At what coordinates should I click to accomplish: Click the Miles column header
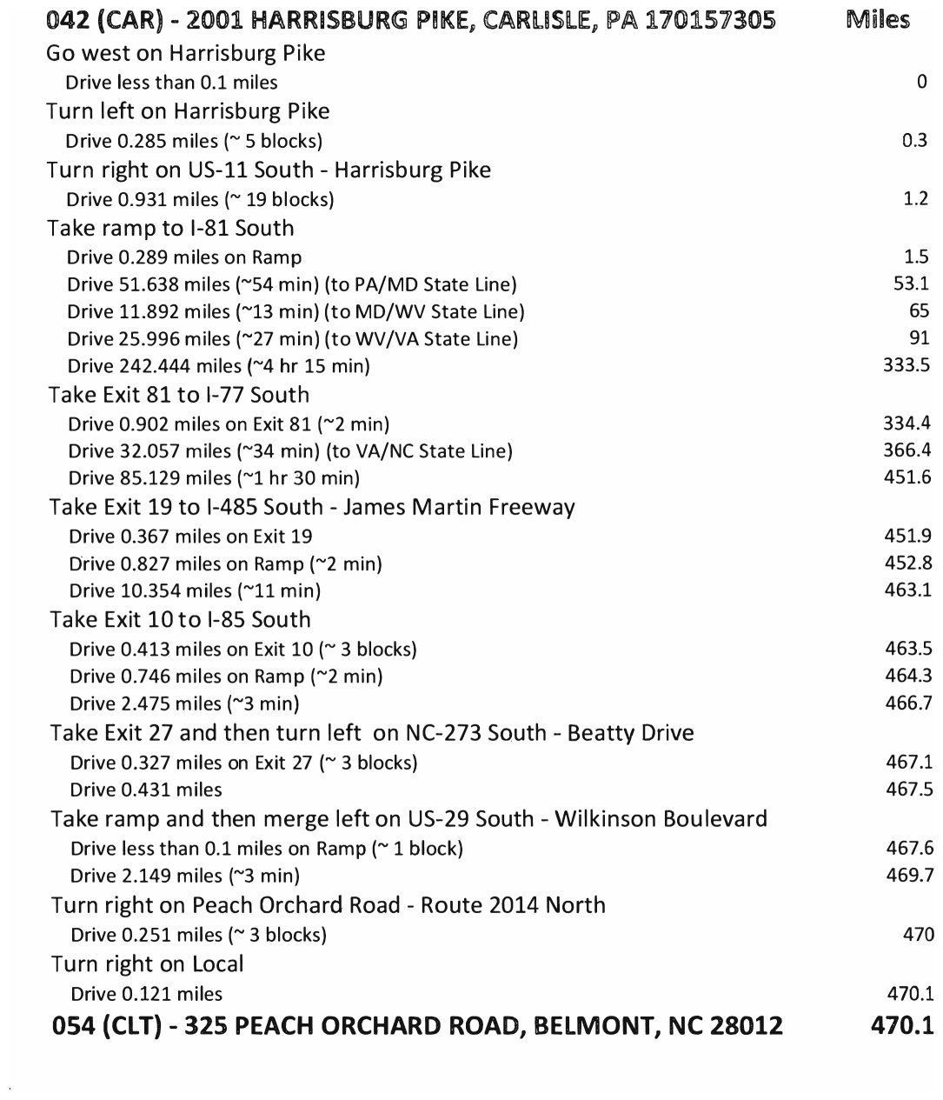pyautogui.click(x=878, y=20)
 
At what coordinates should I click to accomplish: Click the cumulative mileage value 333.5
pyautogui.click(x=906, y=365)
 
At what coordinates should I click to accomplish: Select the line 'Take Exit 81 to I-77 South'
pyautogui.click(x=179, y=395)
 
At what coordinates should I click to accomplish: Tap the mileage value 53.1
pyautogui.click(x=911, y=283)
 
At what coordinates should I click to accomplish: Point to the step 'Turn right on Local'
pyautogui.click(x=147, y=964)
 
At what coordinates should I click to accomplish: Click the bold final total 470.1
pyautogui.click(x=901, y=1026)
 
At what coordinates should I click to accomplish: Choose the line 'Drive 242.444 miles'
pyautogui.click(x=218, y=366)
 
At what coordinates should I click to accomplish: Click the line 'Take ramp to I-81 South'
pyautogui.click(x=170, y=229)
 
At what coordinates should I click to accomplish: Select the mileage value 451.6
pyautogui.click(x=906, y=477)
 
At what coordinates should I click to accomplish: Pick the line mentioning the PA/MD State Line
pyautogui.click(x=291, y=284)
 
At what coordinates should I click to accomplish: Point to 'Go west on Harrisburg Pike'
pyautogui.click(x=186, y=53)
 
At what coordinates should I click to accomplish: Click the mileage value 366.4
pyautogui.click(x=906, y=450)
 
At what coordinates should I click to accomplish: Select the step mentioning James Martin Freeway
pyautogui.click(x=312, y=507)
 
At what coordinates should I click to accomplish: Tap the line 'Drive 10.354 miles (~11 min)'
pyautogui.click(x=195, y=591)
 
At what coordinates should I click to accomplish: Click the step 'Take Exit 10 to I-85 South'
pyautogui.click(x=180, y=620)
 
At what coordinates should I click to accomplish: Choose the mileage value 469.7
pyautogui.click(x=909, y=875)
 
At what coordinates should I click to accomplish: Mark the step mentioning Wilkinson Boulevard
pyautogui.click(x=408, y=819)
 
